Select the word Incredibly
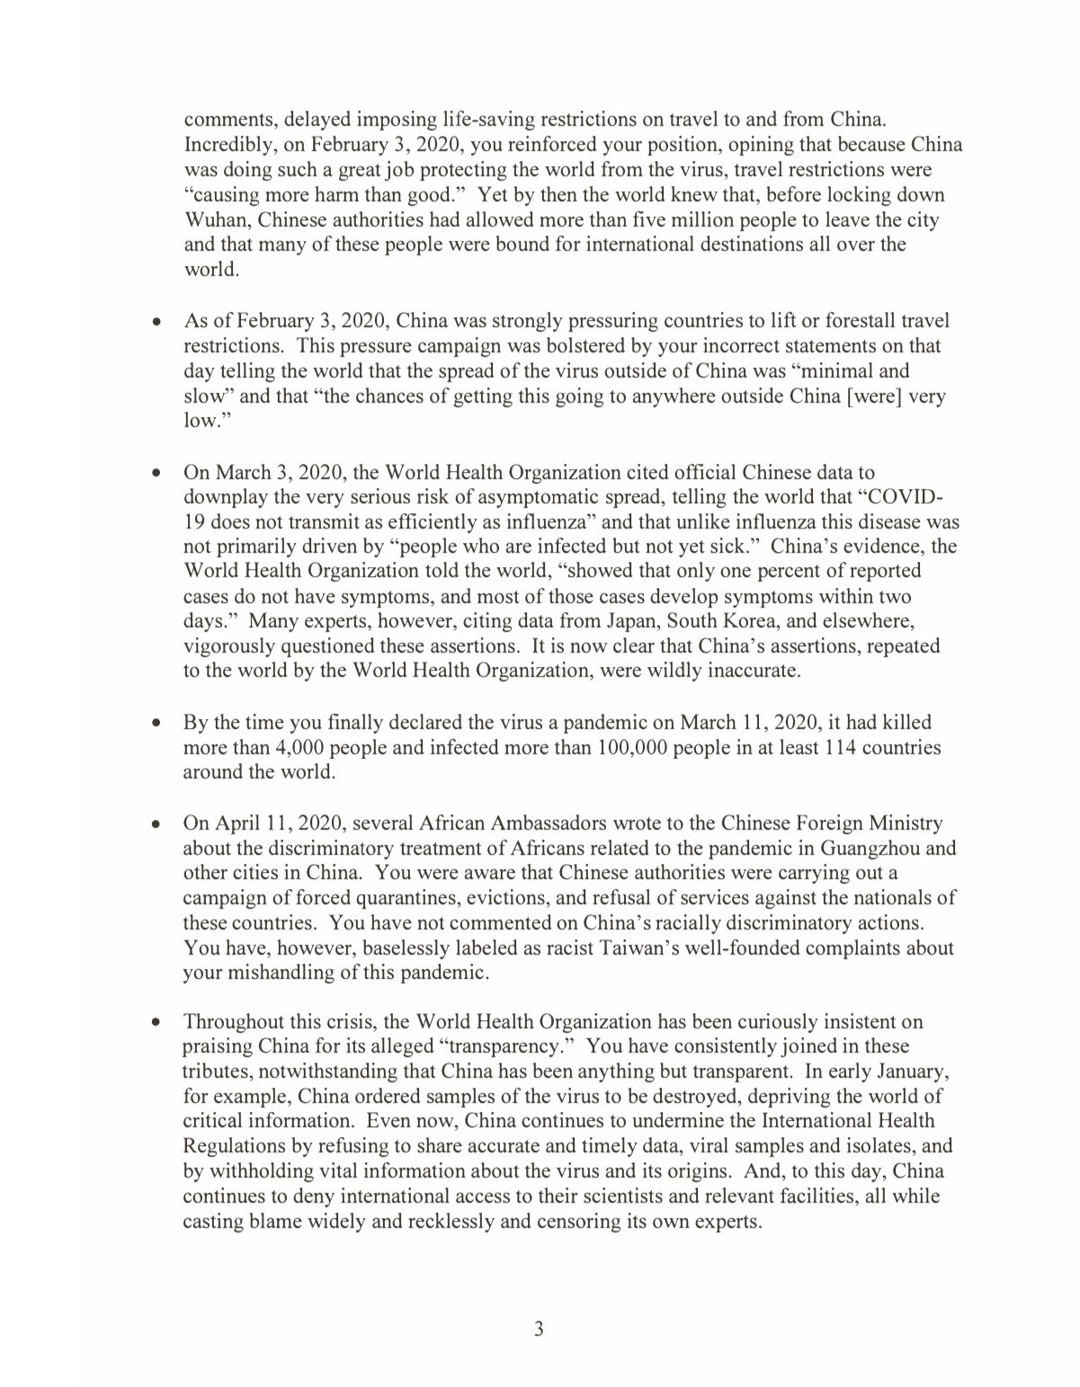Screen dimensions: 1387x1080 tap(225, 145)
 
